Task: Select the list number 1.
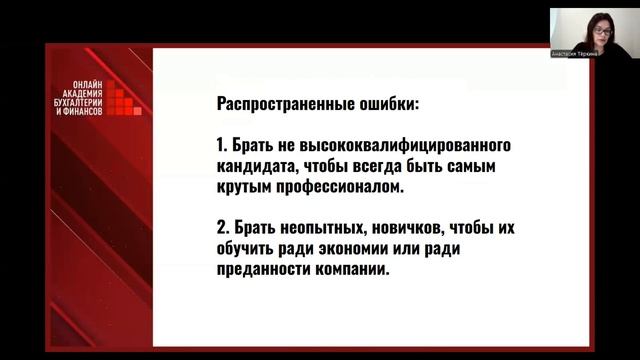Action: (x=220, y=142)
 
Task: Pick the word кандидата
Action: (x=254, y=164)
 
